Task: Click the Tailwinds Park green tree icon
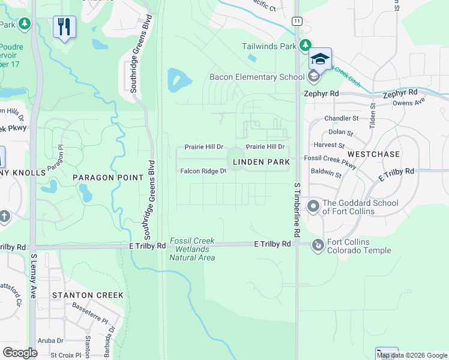click(x=306, y=46)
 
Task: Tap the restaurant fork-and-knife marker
click(x=64, y=27)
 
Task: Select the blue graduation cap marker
click(x=321, y=59)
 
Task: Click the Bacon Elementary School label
click(x=256, y=77)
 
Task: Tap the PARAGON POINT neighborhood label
click(x=108, y=178)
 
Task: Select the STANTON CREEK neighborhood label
click(x=88, y=295)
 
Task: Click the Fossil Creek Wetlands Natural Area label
click(x=192, y=249)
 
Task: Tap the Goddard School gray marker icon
click(x=313, y=207)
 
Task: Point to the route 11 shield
click(x=297, y=20)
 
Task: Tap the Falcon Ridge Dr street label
click(x=203, y=171)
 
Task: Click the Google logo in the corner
click(x=20, y=352)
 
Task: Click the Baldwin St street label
click(x=326, y=175)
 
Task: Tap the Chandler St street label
click(x=341, y=119)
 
